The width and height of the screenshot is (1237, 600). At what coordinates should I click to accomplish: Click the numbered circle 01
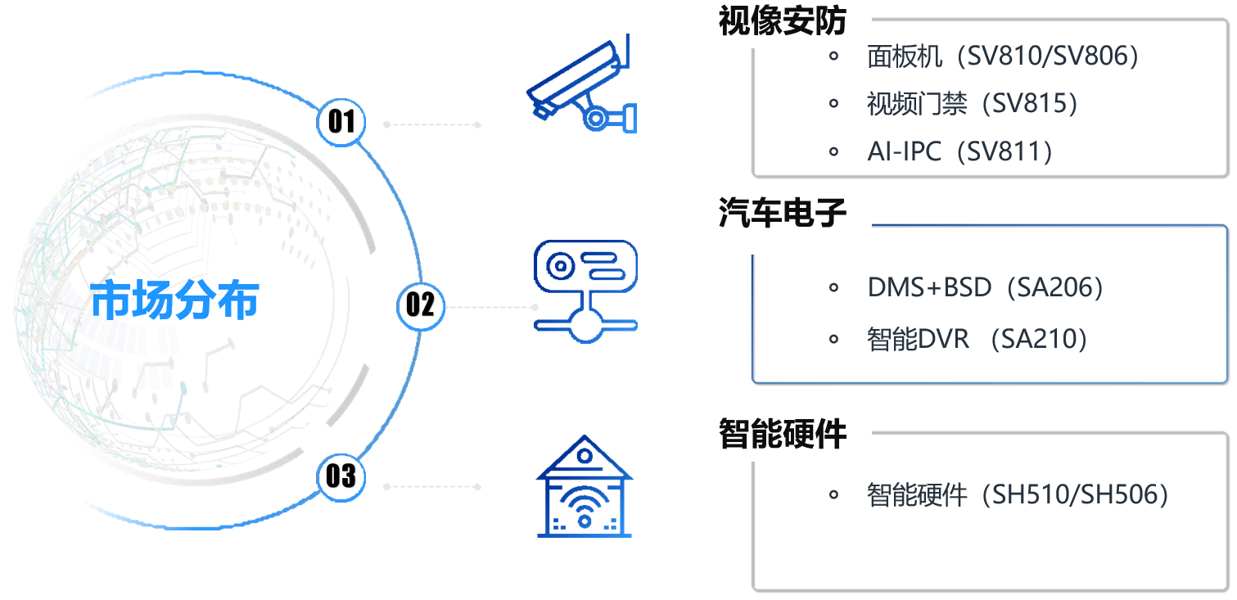[341, 122]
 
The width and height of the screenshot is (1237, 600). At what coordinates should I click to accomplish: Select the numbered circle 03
[341, 475]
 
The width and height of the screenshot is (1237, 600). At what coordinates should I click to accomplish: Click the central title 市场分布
[174, 300]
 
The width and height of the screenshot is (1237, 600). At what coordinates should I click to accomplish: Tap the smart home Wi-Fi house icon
[585, 488]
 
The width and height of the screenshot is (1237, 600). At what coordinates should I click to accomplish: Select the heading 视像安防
[782, 21]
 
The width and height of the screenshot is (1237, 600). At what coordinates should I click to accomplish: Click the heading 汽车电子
[782, 214]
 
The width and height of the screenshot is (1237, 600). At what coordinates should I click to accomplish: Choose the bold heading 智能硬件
[782, 433]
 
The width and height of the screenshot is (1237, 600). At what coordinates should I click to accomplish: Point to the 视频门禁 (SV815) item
[972, 103]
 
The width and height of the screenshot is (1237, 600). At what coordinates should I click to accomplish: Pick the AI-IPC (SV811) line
[959, 151]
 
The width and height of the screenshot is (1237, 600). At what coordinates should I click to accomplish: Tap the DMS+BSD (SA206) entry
[985, 287]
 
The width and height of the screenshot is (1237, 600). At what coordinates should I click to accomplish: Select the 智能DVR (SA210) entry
[977, 338]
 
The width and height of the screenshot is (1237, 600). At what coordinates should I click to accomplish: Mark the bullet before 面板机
[834, 56]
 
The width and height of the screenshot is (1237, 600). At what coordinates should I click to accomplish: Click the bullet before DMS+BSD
[834, 287]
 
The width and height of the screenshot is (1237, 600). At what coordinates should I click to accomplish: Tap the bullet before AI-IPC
[834, 151]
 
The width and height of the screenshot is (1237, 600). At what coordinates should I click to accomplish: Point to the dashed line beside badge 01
[431, 125]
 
